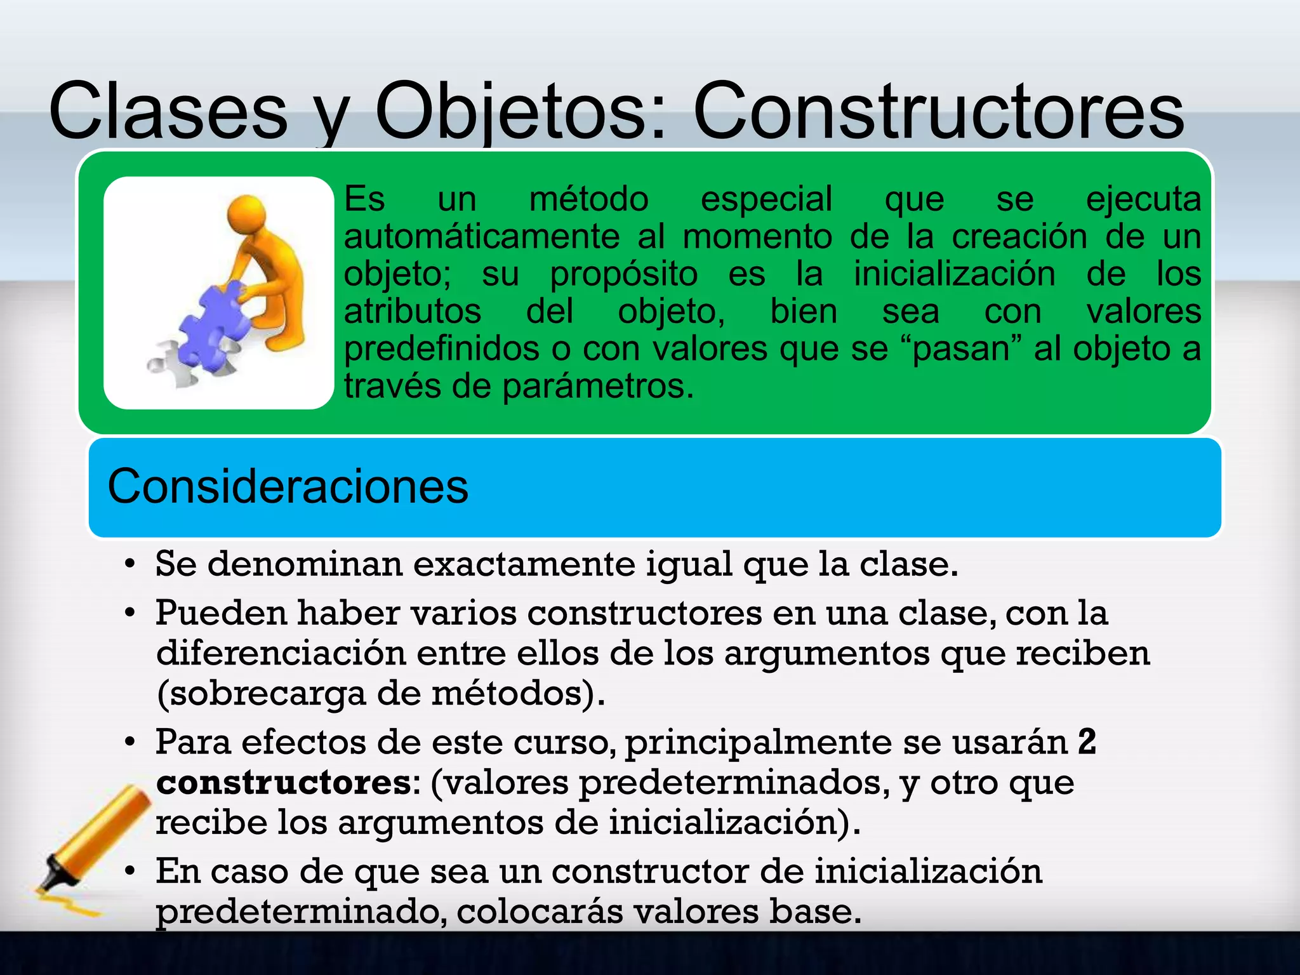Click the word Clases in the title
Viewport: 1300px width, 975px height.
click(168, 112)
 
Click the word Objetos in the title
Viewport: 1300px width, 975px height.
click(521, 112)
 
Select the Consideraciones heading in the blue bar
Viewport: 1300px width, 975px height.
click(288, 487)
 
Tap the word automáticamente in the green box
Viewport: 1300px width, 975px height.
click(482, 237)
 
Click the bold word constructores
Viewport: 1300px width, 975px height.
click(284, 782)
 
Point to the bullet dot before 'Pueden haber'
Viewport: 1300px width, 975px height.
click(130, 613)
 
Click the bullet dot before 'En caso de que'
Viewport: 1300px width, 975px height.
click(130, 871)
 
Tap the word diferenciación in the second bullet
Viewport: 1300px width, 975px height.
click(281, 653)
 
